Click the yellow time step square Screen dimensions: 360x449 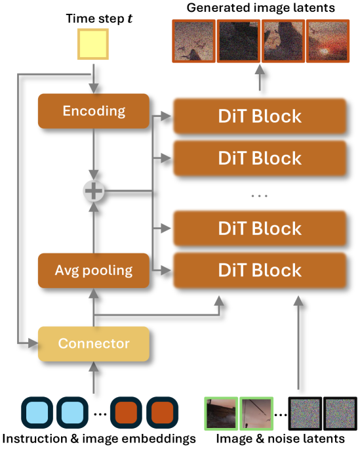coord(93,44)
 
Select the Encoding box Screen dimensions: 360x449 coord(94,111)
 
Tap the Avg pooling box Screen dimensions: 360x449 coord(94,270)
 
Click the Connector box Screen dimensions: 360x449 coord(94,343)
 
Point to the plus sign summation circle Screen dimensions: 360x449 coord(94,191)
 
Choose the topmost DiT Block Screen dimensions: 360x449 coord(260,116)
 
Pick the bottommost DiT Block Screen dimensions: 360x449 coord(260,270)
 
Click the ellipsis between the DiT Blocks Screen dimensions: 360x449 coord(260,196)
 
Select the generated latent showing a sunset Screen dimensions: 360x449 coord(328,41)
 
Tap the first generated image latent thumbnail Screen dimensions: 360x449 coord(193,41)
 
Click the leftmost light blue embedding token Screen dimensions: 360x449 coord(37,413)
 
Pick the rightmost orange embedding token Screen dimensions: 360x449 coord(162,413)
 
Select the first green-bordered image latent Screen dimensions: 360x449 coord(222,414)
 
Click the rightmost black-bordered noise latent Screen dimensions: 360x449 coord(340,414)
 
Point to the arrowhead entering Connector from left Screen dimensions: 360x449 coord(33,343)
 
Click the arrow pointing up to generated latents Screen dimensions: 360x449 coord(260,77)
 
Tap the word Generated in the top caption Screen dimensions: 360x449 coord(218,8)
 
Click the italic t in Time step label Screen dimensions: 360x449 coord(130,18)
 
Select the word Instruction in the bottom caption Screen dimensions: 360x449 coord(35,438)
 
